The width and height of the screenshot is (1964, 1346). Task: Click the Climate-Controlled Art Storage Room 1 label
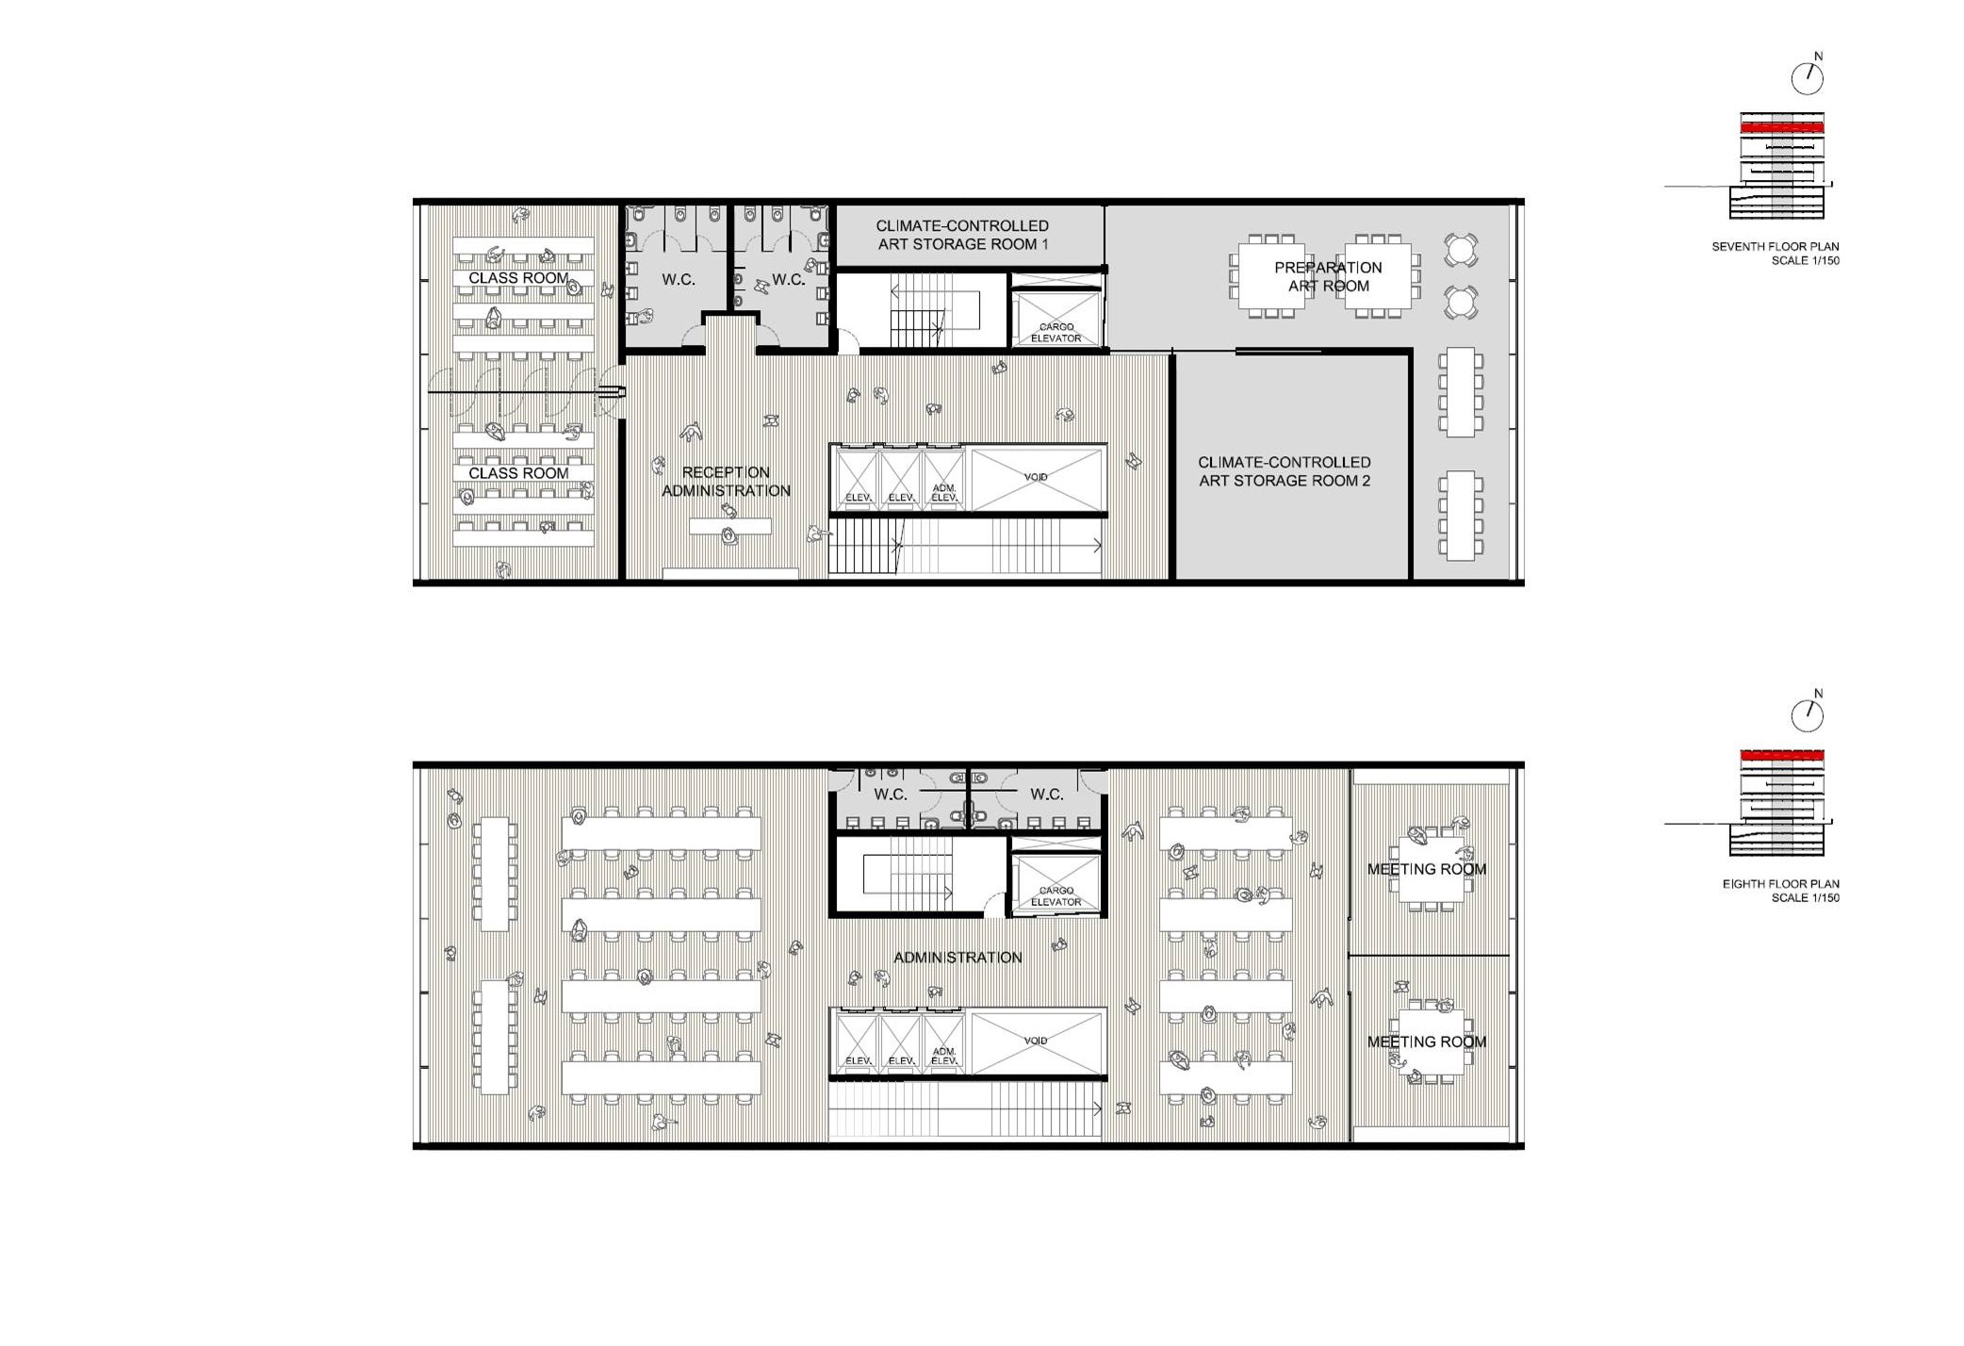pos(962,235)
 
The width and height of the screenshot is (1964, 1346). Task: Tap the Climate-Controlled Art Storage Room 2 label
pos(1285,471)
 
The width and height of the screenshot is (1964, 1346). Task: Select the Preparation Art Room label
pos(1328,276)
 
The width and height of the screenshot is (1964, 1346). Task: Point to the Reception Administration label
pos(726,482)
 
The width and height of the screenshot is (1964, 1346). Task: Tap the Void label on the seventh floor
pos(1036,477)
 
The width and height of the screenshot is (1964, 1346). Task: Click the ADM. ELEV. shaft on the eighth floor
pos(944,1042)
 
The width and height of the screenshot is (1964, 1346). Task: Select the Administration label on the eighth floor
pos(957,958)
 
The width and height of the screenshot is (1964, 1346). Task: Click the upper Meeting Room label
pos(1427,869)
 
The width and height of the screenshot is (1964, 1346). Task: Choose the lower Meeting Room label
pos(1427,1042)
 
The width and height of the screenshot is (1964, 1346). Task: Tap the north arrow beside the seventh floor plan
pos(1808,75)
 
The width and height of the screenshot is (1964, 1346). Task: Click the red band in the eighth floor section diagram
pos(1782,755)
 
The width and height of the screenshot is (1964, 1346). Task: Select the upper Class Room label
pos(518,278)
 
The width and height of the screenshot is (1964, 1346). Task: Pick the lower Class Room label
pos(518,473)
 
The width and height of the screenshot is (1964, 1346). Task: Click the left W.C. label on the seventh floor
pos(679,280)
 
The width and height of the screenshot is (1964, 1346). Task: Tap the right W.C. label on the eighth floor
pos(1046,795)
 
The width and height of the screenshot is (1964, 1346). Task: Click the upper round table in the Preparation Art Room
pos(1461,250)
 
